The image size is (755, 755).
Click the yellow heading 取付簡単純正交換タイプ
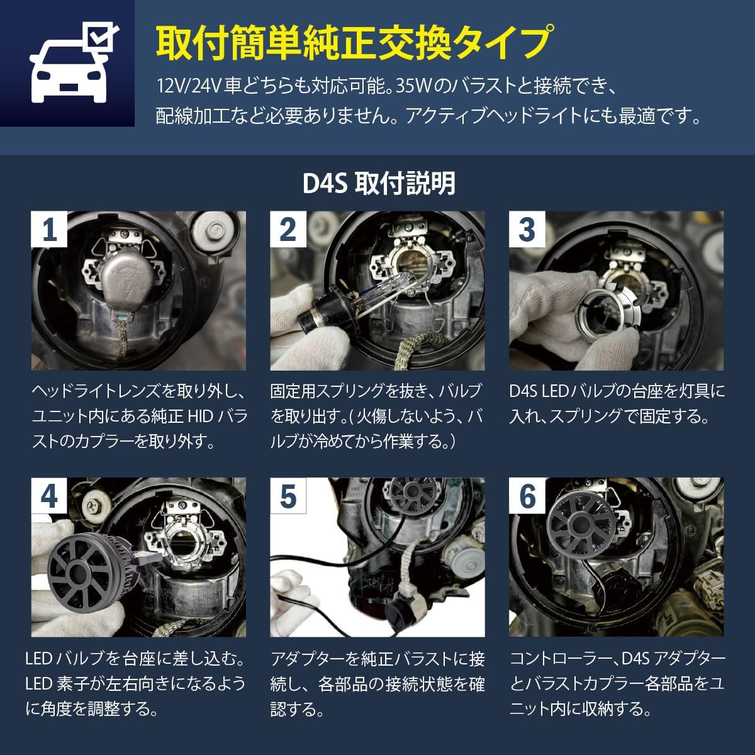tap(354, 43)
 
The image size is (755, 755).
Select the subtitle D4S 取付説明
tap(378, 184)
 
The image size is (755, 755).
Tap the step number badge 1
tap(49, 228)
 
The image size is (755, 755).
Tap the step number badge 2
tap(288, 228)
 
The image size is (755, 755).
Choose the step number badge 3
tap(527, 228)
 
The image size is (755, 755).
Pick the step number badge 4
tap(49, 495)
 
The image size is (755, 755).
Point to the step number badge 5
tap(288, 495)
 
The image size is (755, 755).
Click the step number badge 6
tap(527, 495)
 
